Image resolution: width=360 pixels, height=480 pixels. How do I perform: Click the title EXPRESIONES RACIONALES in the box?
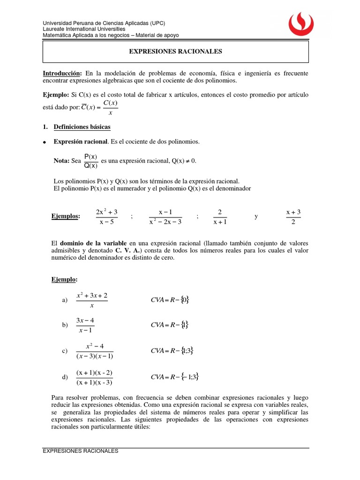click(176, 52)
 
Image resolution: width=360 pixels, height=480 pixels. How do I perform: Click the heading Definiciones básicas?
click(82, 127)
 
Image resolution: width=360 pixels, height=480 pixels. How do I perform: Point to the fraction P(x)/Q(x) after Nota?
click(91, 161)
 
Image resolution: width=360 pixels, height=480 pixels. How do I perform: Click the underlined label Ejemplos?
click(65, 216)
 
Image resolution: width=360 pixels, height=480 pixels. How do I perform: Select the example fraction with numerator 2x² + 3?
click(106, 217)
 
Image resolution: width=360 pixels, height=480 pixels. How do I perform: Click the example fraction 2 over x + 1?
click(219, 217)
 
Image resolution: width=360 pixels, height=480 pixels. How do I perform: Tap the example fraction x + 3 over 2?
click(293, 217)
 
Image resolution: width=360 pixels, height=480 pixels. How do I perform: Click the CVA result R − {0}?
click(170, 300)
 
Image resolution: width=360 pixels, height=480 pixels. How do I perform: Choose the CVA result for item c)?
click(172, 351)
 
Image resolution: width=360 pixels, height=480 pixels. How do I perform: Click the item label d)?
click(65, 377)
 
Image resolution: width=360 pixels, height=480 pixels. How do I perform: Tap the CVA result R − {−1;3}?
click(175, 377)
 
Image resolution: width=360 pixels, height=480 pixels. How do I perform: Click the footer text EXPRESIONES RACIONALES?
click(80, 451)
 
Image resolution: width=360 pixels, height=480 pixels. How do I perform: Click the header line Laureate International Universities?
click(87, 29)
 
